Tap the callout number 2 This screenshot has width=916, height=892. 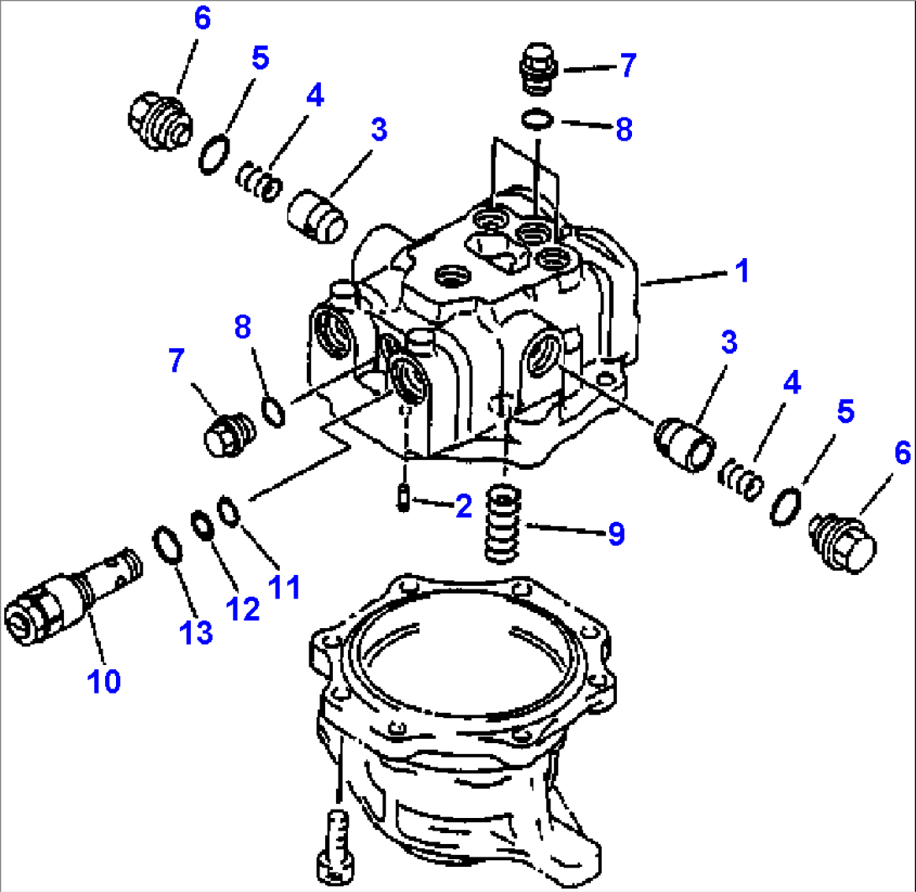tap(463, 506)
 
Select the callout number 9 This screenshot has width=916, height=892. tap(616, 534)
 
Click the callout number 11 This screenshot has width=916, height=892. tap(285, 586)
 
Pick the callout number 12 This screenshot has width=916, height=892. tap(243, 608)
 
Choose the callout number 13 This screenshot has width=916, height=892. tap(197, 632)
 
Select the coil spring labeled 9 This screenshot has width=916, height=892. tap(503, 526)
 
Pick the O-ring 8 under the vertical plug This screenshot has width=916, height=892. tap(531, 119)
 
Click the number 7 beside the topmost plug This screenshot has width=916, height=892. tap(627, 66)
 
